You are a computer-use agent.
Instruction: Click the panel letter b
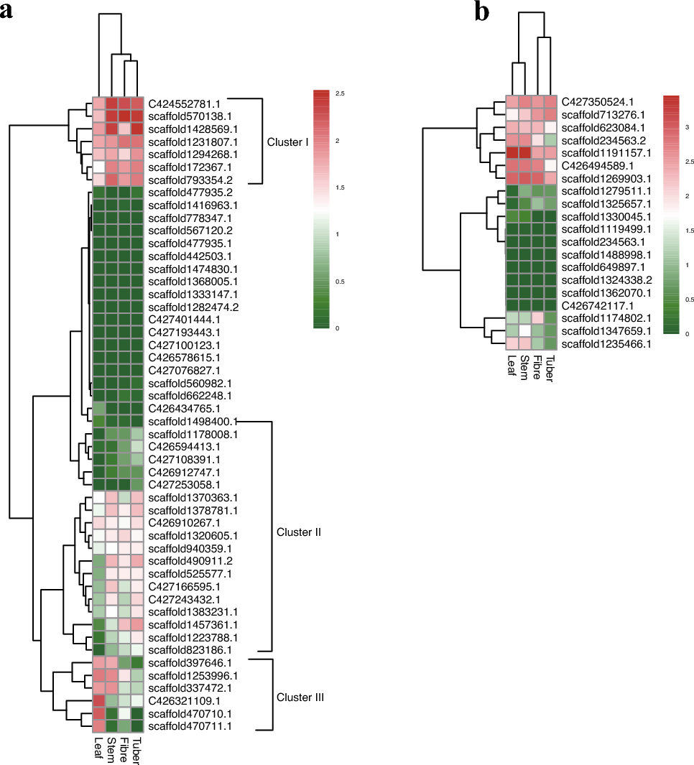point(482,12)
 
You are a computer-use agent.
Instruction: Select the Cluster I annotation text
point(287,142)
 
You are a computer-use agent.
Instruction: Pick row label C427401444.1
point(180,319)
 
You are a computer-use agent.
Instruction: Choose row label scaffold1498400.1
point(193,421)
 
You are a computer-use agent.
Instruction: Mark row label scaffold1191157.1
point(606,152)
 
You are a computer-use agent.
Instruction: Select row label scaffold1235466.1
point(606,344)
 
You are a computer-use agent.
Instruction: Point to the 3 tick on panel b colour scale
point(686,126)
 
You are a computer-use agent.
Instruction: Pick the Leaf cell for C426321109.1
point(98,701)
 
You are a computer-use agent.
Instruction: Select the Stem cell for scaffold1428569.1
point(112,129)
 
